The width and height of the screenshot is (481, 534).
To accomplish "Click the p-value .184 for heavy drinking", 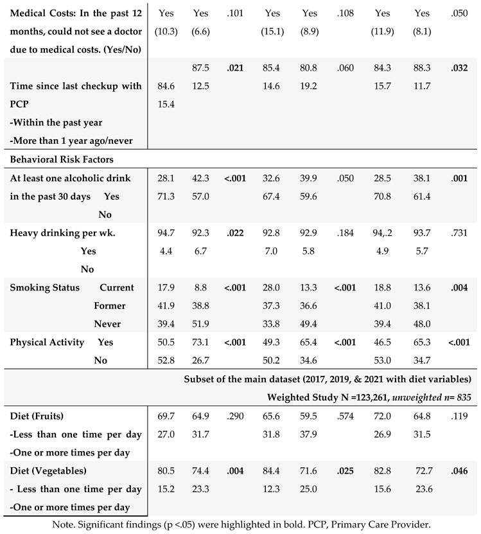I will pyautogui.click(x=347, y=233).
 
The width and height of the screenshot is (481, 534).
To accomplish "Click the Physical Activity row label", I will pyautogui.click(x=47, y=343).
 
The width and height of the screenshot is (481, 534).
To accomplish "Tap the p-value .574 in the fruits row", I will pyautogui.click(x=347, y=416).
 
